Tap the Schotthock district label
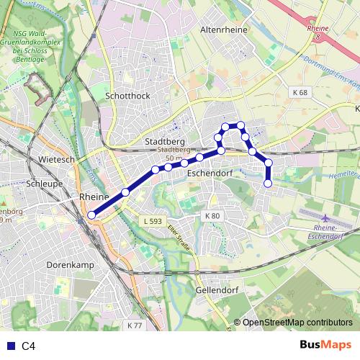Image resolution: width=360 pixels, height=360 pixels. pos(127,95)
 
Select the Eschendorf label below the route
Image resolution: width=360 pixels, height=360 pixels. pos(207,174)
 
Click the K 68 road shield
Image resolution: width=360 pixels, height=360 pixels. pos(300,93)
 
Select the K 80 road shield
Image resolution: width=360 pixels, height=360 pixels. pos(212,216)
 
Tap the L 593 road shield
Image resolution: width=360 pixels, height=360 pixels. pos(153,221)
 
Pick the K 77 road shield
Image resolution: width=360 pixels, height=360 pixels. pos(135,325)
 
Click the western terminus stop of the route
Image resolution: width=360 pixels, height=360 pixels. pos(91,215)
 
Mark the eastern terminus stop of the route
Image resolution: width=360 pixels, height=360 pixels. pos(268,184)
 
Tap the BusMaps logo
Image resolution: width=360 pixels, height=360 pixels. pos(325,346)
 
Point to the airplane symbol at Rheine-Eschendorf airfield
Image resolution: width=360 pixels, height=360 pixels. pos(325,218)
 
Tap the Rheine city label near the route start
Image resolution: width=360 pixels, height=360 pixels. pos(94,197)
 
